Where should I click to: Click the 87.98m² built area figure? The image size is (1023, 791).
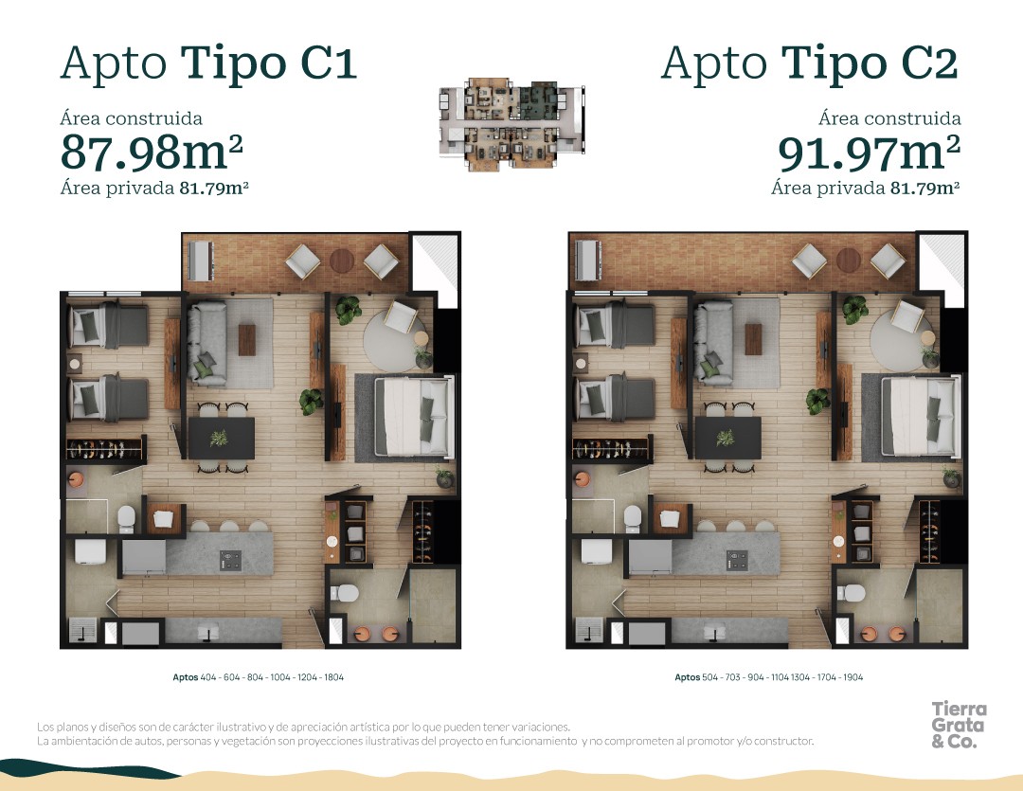click(152, 152)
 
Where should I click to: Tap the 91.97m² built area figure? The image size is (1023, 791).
click(869, 153)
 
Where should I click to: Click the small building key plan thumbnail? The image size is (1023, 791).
click(512, 124)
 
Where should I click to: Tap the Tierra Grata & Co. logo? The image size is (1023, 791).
click(959, 725)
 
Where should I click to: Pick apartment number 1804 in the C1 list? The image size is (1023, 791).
click(333, 677)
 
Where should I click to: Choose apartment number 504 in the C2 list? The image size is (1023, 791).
click(709, 677)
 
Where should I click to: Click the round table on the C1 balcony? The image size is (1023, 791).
click(342, 261)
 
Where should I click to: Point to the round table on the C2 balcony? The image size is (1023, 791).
click(848, 261)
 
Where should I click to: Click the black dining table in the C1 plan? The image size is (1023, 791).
click(221, 438)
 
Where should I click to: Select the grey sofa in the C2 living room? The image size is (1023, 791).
click(714, 343)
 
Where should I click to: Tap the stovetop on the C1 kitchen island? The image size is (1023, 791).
click(230, 560)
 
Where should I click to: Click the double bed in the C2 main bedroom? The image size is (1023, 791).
click(920, 416)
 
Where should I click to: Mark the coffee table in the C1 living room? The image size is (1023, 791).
click(247, 340)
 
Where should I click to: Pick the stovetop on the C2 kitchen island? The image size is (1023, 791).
click(737, 560)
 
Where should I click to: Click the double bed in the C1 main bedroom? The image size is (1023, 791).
click(414, 417)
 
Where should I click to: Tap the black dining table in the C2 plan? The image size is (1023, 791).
click(728, 438)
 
